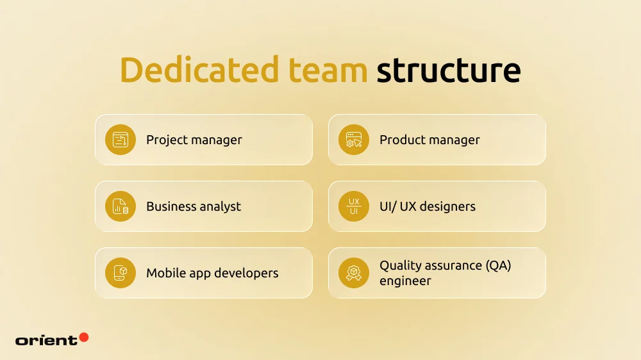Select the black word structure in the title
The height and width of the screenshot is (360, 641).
448,70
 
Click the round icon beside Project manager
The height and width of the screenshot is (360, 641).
121,140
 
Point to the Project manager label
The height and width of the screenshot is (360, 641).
194,140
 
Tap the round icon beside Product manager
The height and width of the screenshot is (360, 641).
354,140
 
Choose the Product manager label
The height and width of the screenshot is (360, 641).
429,140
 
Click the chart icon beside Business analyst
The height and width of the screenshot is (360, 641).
121,206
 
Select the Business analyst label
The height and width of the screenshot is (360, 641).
194,206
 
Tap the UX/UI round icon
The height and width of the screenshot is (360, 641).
354,206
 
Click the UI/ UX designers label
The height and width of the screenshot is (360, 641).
428,206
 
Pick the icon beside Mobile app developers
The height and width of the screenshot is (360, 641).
121,273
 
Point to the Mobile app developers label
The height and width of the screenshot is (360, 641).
212,273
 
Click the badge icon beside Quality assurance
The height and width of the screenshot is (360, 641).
354,273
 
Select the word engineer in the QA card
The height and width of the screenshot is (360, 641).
405,281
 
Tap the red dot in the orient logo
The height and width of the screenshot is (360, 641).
83,337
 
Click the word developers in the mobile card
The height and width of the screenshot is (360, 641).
246,273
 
